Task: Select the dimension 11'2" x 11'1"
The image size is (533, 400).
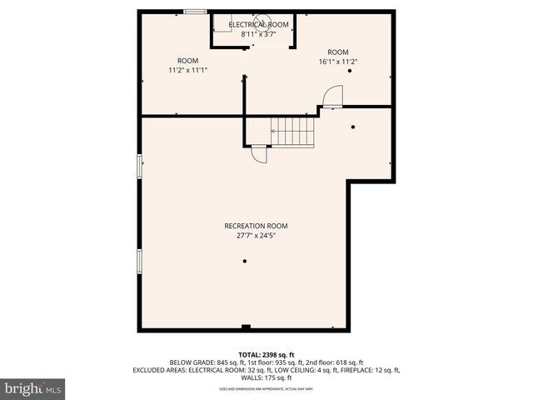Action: pyautogui.click(x=187, y=70)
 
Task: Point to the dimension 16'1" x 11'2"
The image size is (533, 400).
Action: pyautogui.click(x=337, y=61)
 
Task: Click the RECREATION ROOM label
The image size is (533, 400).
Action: pyautogui.click(x=256, y=226)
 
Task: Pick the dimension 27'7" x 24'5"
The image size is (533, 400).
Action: pyautogui.click(x=256, y=236)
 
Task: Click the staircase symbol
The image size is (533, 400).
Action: pyautogui.click(x=292, y=132)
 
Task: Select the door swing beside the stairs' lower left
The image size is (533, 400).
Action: pyautogui.click(x=259, y=154)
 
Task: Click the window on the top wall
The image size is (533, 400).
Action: pyautogui.click(x=195, y=12)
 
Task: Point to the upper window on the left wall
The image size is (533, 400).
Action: pyautogui.click(x=140, y=165)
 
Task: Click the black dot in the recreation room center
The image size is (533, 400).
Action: pyautogui.click(x=245, y=261)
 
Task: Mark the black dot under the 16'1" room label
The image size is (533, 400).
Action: pyautogui.click(x=350, y=71)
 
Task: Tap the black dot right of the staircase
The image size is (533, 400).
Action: pyautogui.click(x=353, y=127)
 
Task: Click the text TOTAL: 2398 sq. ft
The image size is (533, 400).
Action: pyautogui.click(x=266, y=354)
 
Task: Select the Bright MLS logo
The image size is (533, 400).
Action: pyautogui.click(x=33, y=388)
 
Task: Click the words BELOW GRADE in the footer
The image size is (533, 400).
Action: pyautogui.click(x=189, y=362)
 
